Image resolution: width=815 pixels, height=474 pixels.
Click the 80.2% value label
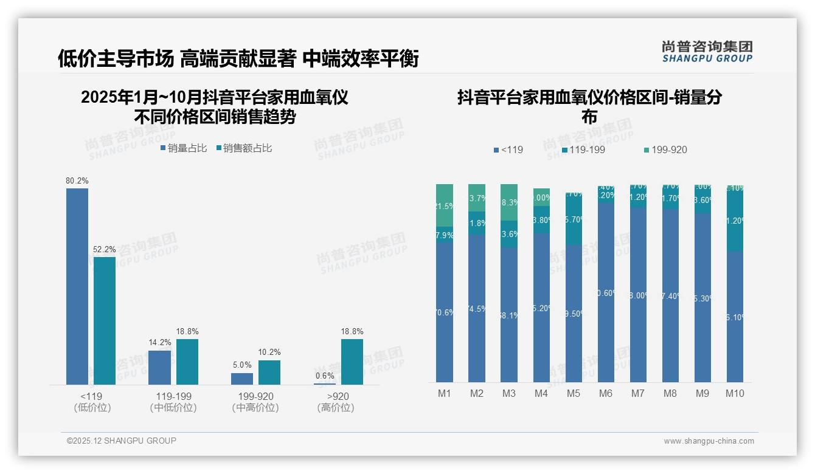(x=77, y=180)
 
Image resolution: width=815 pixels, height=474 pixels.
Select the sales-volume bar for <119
(x=77, y=286)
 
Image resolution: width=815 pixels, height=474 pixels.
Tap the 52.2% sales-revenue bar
(x=105, y=320)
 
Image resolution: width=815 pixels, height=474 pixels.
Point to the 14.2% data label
(x=160, y=343)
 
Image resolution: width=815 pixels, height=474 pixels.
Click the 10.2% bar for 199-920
(x=269, y=373)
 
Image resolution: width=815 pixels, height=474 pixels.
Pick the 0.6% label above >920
(x=325, y=376)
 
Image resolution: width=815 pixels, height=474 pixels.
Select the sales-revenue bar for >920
(x=352, y=362)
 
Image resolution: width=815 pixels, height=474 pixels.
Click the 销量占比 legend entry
(x=184, y=148)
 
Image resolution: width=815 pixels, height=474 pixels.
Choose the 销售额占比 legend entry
(x=244, y=148)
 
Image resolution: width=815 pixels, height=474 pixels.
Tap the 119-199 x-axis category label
(x=173, y=396)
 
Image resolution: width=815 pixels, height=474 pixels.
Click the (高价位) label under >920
(x=336, y=408)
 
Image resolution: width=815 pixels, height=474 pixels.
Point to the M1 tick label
(x=445, y=393)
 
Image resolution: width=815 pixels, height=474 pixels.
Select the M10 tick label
(x=735, y=393)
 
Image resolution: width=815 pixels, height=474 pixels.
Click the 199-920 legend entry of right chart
(x=665, y=149)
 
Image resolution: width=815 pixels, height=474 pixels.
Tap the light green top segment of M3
(x=509, y=202)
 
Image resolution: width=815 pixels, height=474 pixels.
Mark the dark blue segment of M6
(x=606, y=292)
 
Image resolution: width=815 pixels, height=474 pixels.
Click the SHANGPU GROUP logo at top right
(x=707, y=52)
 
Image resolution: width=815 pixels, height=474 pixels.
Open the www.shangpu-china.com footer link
(x=709, y=441)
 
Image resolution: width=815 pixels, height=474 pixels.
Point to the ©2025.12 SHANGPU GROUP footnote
(x=122, y=441)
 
